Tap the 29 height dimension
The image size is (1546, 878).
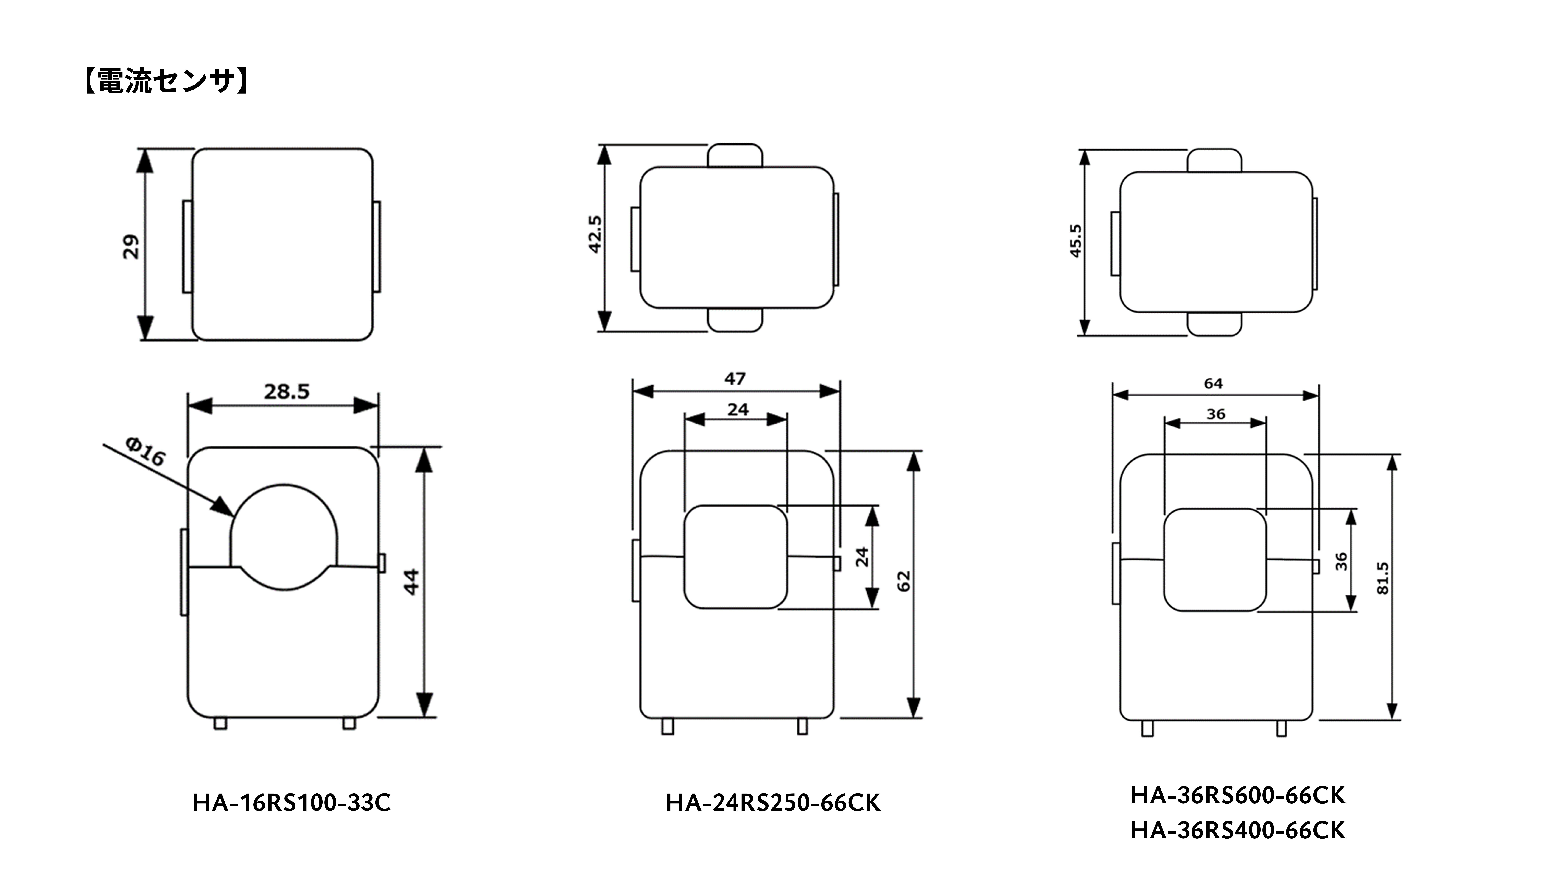[x=131, y=247]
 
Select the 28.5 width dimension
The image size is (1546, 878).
[x=287, y=392]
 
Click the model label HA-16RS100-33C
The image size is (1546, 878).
[x=291, y=803]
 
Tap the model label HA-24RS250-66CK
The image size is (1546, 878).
[x=773, y=803]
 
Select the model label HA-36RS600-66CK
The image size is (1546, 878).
[x=1238, y=795]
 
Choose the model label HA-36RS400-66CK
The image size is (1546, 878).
[x=1238, y=830]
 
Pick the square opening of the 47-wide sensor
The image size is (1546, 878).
[x=685, y=557]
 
